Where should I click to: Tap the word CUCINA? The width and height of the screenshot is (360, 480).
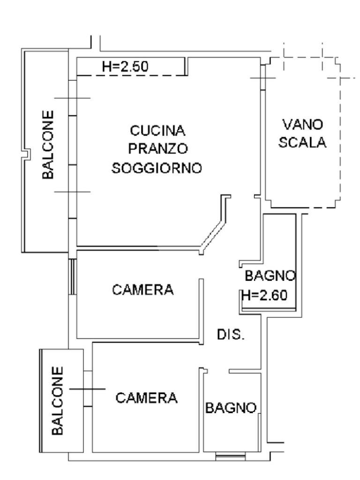158,130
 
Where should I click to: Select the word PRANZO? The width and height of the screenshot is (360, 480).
158,149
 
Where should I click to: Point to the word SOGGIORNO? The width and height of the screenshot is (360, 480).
157,168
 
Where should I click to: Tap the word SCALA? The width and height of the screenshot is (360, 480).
302,143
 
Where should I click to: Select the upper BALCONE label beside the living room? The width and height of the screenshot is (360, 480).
48,145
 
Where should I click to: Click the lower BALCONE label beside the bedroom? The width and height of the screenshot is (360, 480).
57,400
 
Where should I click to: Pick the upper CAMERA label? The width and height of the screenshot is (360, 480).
142,290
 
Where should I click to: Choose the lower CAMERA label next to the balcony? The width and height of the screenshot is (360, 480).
147,398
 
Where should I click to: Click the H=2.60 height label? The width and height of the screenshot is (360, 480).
263,295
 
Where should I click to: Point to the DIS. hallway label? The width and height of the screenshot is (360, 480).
230,335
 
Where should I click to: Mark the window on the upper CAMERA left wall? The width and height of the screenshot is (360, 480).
72,276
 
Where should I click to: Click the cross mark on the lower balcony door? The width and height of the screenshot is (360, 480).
87,389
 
